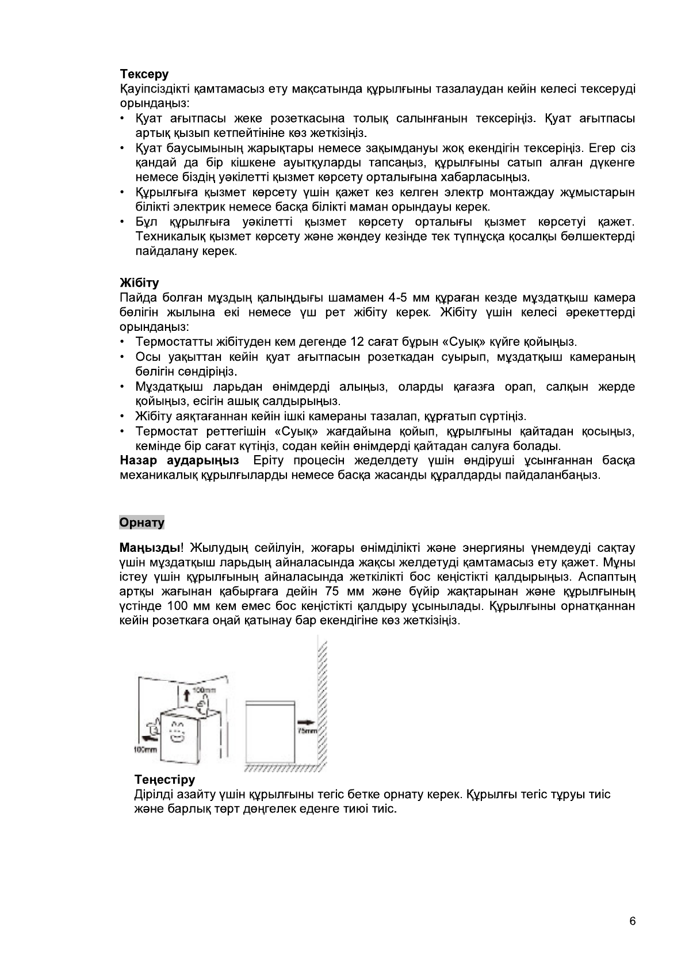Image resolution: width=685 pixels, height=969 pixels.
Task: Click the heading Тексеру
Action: [144, 74]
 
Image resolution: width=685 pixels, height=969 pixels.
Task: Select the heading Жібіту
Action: [139, 283]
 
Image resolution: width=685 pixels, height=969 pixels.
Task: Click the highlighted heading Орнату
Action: [141, 522]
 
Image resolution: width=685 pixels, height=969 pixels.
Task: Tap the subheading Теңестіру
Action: [164, 780]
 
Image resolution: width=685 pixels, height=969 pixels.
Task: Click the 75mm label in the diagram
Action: [308, 731]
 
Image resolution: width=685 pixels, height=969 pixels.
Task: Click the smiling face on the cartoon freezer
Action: [177, 731]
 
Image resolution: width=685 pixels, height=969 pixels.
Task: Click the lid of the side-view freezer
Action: [271, 703]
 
